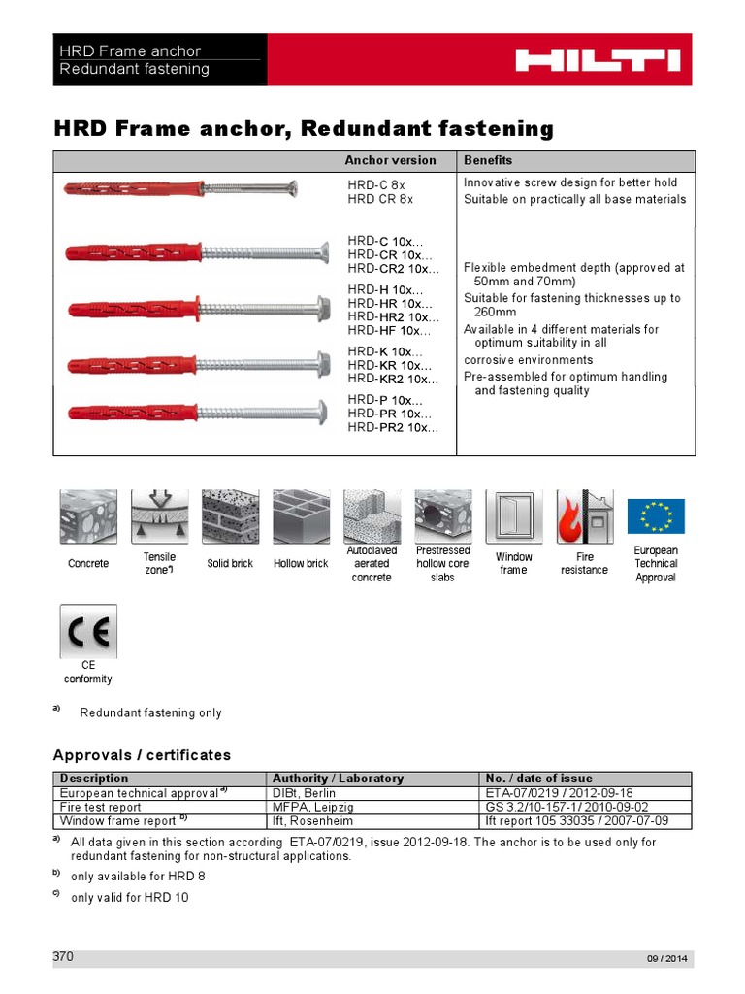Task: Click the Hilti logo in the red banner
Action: tap(597, 60)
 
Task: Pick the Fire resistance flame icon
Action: tap(584, 516)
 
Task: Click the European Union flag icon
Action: tap(656, 516)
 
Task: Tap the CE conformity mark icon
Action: tap(88, 632)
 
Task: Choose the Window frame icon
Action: tap(513, 516)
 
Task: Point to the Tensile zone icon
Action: tap(159, 516)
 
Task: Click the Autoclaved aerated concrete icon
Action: tap(372, 516)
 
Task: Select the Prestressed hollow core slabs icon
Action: tap(442, 516)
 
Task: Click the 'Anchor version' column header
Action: tap(390, 160)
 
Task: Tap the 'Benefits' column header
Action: tap(488, 160)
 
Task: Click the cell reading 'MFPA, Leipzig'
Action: tap(312, 807)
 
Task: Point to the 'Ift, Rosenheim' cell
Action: tap(313, 821)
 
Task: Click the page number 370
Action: tap(63, 956)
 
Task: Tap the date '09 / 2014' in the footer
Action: tap(666, 959)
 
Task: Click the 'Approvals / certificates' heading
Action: tap(142, 754)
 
